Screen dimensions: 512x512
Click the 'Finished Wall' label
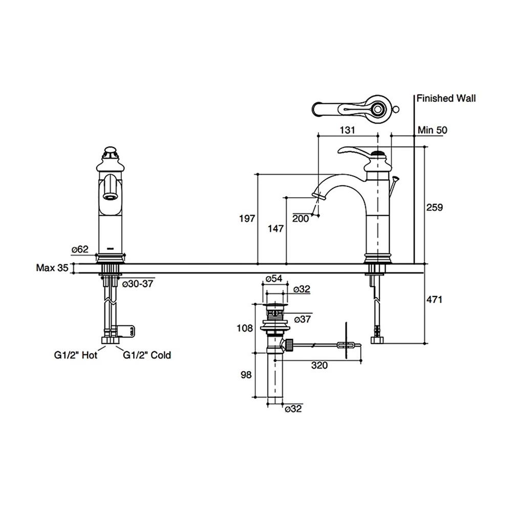446,98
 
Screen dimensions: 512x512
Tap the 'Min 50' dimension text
432,130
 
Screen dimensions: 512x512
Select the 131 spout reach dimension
347,130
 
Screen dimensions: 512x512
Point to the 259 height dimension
434,207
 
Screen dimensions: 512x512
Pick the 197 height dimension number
247,219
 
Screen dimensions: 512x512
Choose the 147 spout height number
275,229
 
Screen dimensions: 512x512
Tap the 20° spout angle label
301,219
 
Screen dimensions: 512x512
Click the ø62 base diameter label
80,249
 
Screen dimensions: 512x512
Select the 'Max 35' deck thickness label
52,267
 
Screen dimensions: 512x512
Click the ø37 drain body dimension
303,319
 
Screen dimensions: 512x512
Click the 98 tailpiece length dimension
247,375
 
